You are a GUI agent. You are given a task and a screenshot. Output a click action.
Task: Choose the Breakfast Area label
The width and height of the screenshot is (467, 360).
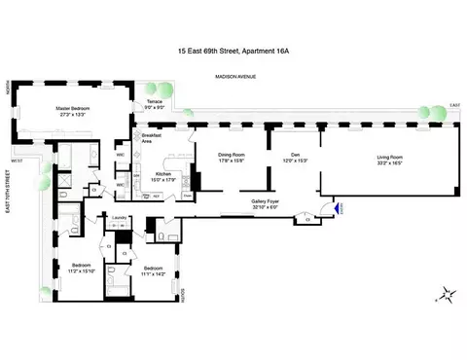point(152,137)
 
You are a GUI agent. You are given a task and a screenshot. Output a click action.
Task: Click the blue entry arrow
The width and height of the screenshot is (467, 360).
point(338,206)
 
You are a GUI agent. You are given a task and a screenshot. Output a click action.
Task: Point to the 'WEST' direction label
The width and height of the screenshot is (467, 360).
point(17,160)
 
